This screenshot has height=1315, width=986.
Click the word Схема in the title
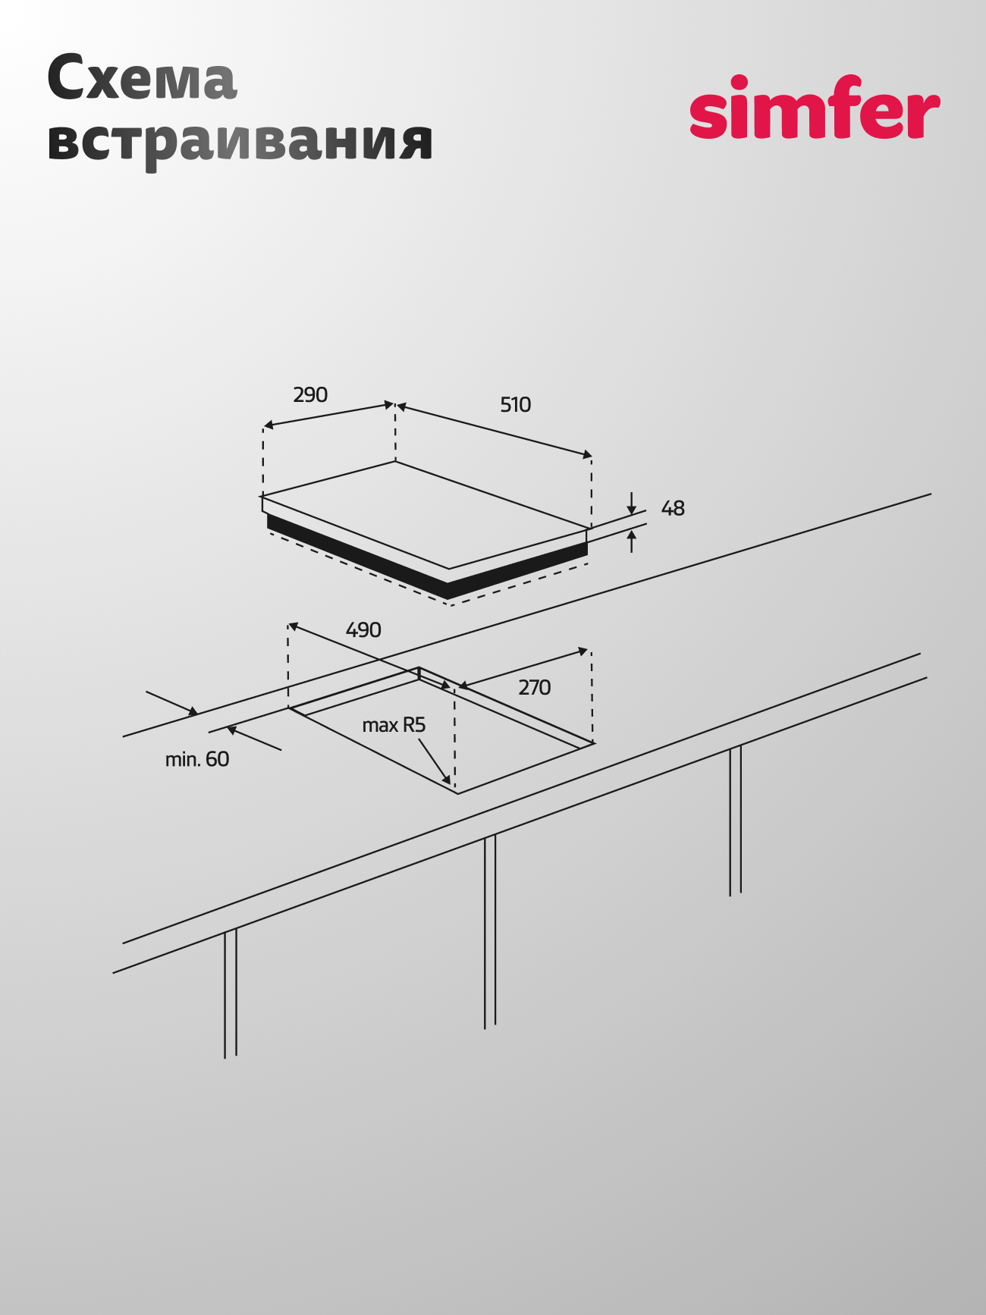pyautogui.click(x=142, y=78)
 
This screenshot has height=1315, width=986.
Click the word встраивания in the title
pyautogui.click(x=240, y=141)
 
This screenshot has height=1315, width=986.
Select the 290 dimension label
pyautogui.click(x=310, y=394)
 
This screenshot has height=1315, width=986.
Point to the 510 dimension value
pyautogui.click(x=516, y=405)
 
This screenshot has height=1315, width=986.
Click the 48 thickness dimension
pyautogui.click(x=673, y=508)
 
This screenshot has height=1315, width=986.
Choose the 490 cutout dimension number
pyautogui.click(x=363, y=630)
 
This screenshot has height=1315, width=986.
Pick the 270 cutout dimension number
pyautogui.click(x=535, y=688)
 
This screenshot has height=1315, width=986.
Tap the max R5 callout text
pyautogui.click(x=394, y=726)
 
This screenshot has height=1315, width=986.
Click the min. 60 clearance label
pyautogui.click(x=197, y=759)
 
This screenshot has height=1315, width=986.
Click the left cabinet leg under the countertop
pyautogui.click(x=231, y=993)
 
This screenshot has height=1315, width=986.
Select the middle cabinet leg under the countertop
pyautogui.click(x=490, y=932)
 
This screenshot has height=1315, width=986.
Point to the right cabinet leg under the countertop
pyautogui.click(x=736, y=821)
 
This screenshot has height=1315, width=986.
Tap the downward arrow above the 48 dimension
pyautogui.click(x=632, y=504)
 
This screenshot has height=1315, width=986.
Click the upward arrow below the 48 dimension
pyautogui.click(x=632, y=541)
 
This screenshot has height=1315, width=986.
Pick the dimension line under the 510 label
pyautogui.click(x=495, y=431)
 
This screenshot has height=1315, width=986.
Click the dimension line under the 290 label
pyautogui.click(x=328, y=416)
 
